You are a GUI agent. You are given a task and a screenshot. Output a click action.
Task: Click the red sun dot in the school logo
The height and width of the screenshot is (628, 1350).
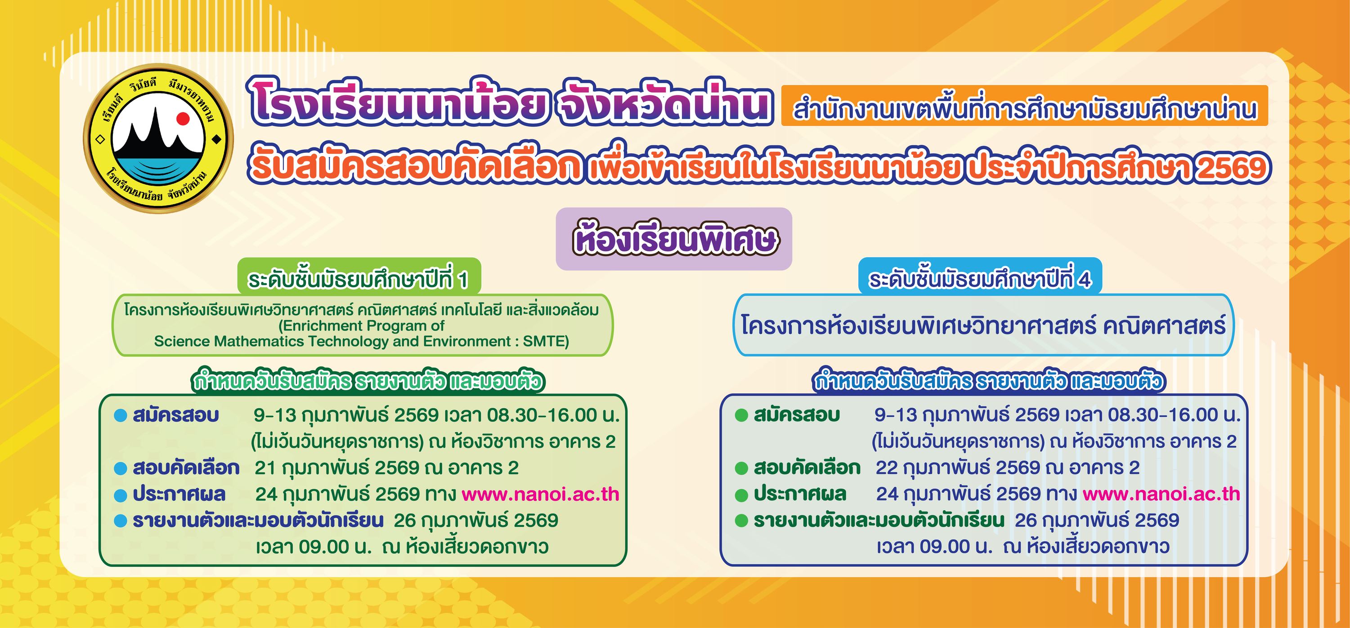tap(182, 119)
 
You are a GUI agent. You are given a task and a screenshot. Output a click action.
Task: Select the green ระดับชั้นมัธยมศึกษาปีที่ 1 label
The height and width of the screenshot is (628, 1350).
tap(359, 280)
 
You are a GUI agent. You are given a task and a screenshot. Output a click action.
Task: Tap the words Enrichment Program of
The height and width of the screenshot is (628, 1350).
tap(362, 326)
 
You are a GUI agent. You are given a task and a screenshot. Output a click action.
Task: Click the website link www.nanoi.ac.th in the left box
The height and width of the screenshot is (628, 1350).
tap(540, 494)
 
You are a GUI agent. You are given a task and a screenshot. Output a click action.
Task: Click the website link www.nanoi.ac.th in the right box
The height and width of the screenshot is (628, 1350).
tap(1161, 494)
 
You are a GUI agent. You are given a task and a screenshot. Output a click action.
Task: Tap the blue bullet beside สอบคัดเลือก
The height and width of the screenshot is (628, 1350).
tap(121, 469)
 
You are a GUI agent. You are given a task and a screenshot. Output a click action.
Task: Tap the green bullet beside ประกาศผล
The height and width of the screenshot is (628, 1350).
tap(741, 495)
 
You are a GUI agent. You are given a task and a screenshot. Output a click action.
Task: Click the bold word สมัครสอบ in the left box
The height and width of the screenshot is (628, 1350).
tap(175, 415)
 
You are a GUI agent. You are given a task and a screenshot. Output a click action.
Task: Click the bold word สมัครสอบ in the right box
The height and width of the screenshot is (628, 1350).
tap(797, 415)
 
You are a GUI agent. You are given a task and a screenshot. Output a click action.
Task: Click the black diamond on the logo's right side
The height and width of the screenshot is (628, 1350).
tap(215, 140)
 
